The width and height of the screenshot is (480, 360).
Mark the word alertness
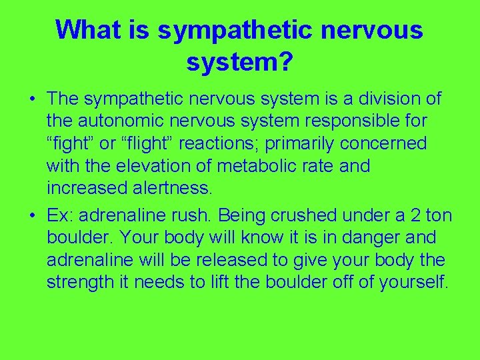click(x=170, y=188)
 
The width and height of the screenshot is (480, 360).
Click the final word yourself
click(x=413, y=282)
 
